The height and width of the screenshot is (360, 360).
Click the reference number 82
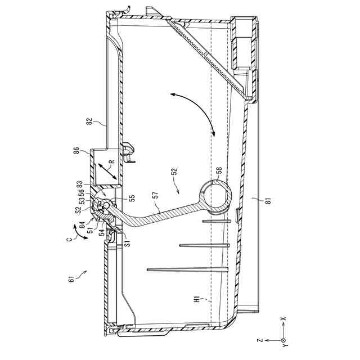click(x=89, y=121)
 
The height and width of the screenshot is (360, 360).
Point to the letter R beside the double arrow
click(x=111, y=161)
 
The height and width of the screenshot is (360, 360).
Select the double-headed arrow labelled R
click(x=107, y=171)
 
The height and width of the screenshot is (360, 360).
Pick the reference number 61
click(x=71, y=279)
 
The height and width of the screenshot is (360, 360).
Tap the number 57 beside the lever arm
click(x=156, y=195)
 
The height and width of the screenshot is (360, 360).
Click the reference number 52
click(x=174, y=172)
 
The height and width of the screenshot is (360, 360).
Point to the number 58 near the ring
click(x=219, y=170)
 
